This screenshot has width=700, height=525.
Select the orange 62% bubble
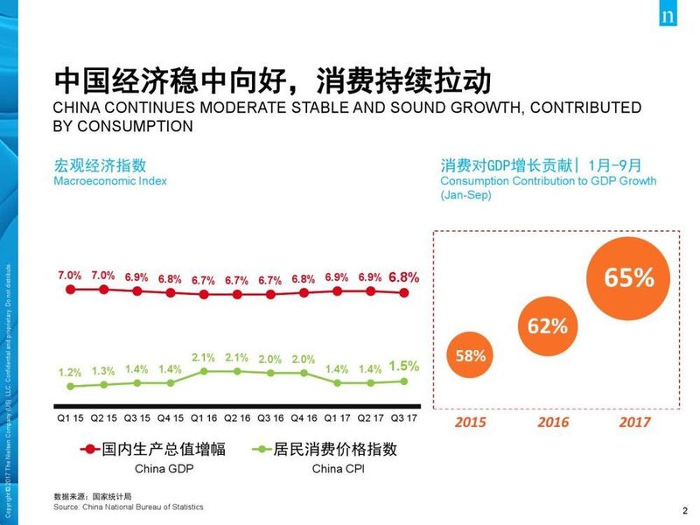547,326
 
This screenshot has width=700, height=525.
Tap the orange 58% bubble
470,356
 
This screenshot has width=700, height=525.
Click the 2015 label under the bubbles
472,422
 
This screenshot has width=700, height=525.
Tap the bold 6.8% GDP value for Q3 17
403,276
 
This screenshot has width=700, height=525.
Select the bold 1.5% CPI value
403,366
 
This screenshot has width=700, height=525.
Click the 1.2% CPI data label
70,372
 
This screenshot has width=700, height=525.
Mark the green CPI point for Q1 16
204,371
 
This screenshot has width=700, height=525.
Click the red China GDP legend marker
89,450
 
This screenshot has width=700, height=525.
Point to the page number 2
683,512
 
